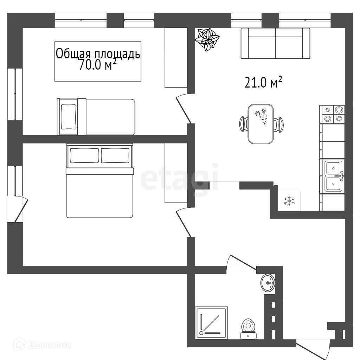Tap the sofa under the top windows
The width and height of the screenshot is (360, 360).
[x=275, y=43]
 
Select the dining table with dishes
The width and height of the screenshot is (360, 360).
[x=261, y=123]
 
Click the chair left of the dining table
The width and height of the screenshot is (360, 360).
[x=244, y=124]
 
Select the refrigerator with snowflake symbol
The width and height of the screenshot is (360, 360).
[x=289, y=201]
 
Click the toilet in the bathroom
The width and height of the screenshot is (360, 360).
[x=249, y=329]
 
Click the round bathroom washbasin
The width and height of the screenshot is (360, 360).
[x=268, y=283]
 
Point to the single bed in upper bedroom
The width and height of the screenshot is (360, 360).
[x=96, y=117]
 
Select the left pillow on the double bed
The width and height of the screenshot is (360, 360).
[x=84, y=155]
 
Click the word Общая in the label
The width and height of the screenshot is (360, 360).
[x=69, y=54]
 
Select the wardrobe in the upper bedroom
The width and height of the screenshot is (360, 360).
[x=176, y=58]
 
